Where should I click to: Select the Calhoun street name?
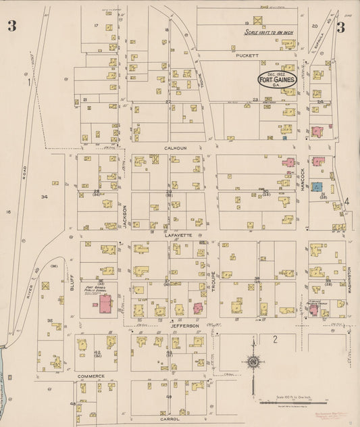(174, 147)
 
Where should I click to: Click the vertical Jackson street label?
(125, 218)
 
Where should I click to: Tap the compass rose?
(253, 363)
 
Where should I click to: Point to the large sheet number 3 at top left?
(12, 26)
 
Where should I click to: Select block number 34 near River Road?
(45, 197)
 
